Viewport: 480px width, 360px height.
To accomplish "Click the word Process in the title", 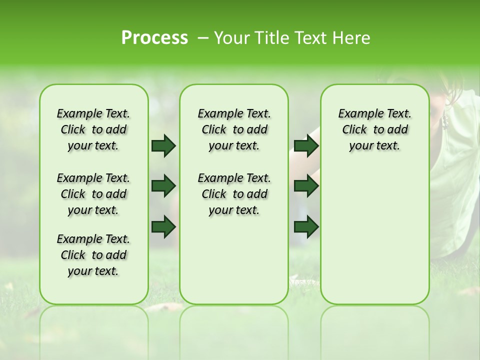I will tap(154, 37).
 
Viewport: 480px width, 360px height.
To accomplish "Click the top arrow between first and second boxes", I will tap(163, 145).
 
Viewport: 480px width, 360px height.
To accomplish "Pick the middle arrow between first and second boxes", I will tap(163, 186).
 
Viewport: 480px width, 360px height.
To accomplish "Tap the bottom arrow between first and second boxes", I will tap(163, 226).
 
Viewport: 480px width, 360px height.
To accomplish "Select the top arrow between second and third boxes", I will tap(306, 145).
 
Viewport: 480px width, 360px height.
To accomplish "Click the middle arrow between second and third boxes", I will tap(306, 186).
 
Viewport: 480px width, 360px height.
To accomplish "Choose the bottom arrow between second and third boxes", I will tap(306, 226).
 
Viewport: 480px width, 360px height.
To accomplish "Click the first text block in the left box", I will tap(93, 129).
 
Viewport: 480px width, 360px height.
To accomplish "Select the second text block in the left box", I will tap(93, 194).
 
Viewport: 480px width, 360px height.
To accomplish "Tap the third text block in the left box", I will tap(93, 255).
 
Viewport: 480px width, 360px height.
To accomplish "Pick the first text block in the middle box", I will tap(234, 129).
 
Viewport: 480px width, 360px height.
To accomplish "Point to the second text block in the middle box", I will tap(234, 194).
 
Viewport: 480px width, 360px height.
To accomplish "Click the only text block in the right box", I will tap(374, 129).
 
